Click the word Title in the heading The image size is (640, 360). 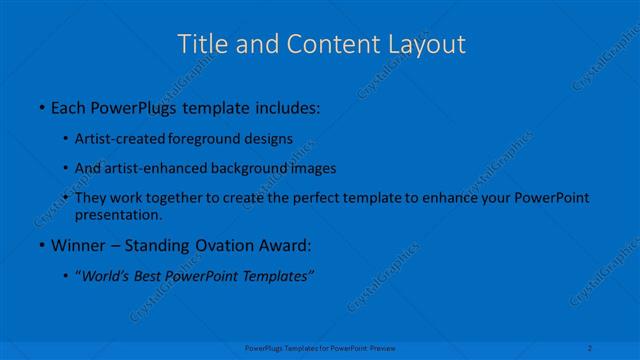pyautogui.click(x=199, y=44)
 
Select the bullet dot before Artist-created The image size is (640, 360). pyautogui.click(x=65, y=138)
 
